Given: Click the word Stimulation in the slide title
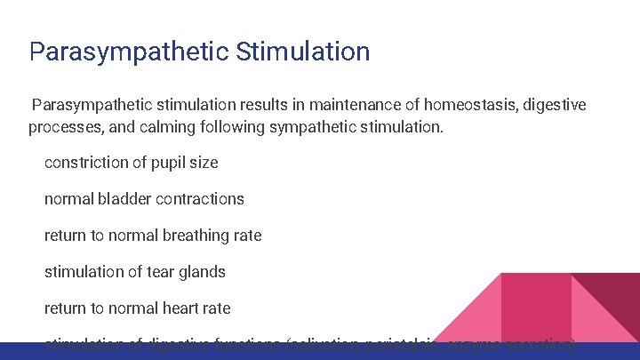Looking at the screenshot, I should [303, 51].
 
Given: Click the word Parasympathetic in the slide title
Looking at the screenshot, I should [129, 51].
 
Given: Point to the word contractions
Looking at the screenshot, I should [199, 199].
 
